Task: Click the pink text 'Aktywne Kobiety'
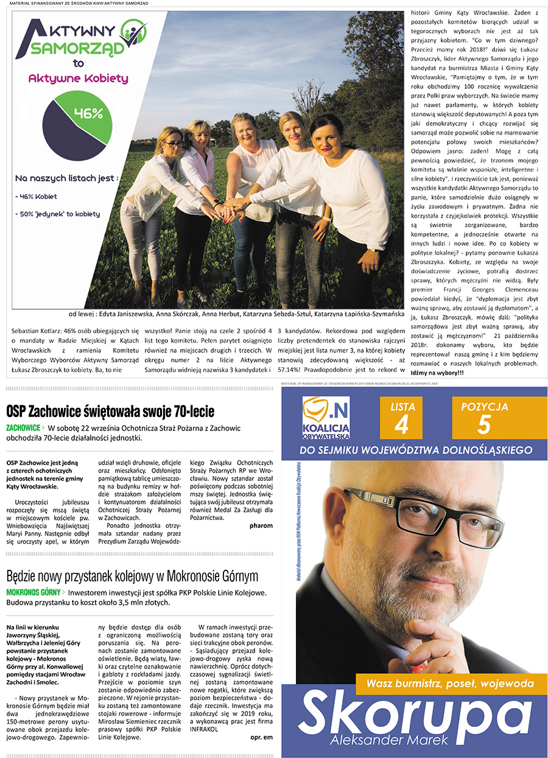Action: [79, 78]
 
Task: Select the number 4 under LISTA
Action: [401, 426]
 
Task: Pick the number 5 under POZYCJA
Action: [483, 425]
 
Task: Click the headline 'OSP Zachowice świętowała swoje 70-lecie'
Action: [110, 411]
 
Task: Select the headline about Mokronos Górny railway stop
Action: [132, 576]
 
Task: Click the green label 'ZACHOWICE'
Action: [23, 428]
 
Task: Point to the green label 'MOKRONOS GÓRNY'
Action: [33, 592]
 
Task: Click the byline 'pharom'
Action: [261, 525]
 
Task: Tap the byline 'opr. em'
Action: [261, 737]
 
